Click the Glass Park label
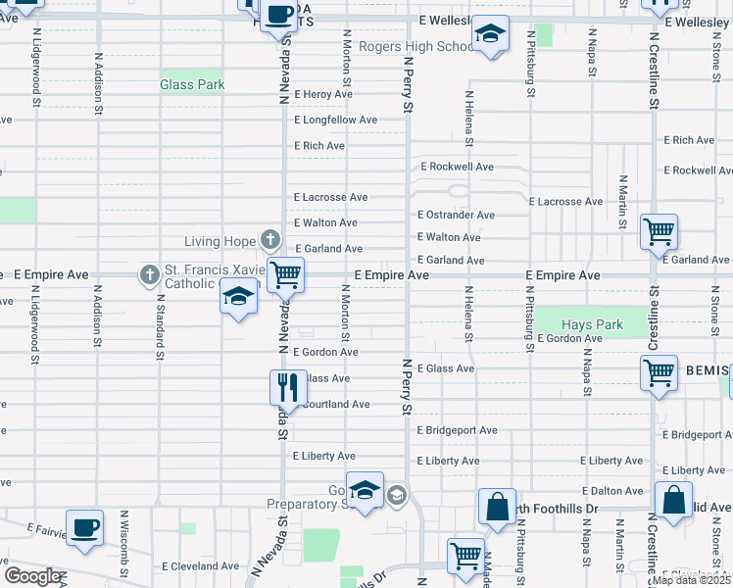coord(192,85)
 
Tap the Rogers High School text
coord(416,46)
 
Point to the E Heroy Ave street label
coord(322,94)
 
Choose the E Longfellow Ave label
coord(335,120)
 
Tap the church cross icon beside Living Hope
coord(270,240)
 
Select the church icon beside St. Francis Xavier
coord(150,275)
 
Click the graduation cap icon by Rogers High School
coord(488,34)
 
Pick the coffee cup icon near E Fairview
coord(84,527)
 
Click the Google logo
coord(33,576)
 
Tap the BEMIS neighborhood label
coord(707,369)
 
